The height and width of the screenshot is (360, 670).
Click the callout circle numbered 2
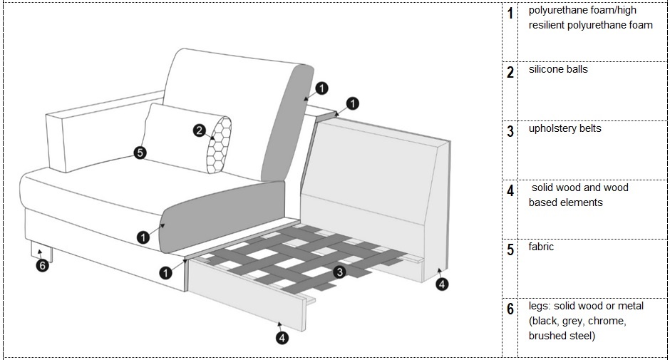coord(200,130)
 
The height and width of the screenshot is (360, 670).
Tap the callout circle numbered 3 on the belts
coord(340,272)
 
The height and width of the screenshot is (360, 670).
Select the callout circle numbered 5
coord(140,152)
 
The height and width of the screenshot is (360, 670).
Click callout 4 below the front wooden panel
coord(283,338)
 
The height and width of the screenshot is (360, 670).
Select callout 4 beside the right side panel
coord(443,284)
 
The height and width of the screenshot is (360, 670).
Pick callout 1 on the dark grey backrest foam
coord(321,88)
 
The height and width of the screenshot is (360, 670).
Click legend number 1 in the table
coord(510,14)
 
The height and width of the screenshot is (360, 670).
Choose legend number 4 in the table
coord(510,190)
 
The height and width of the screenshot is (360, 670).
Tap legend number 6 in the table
coord(510,309)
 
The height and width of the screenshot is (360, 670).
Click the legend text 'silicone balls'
coord(558,70)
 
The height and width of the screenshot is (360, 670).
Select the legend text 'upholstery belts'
coord(565,129)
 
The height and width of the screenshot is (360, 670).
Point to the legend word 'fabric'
coord(541,247)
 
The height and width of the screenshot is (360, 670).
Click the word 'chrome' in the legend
coord(607,321)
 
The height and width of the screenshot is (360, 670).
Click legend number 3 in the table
coord(510,131)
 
